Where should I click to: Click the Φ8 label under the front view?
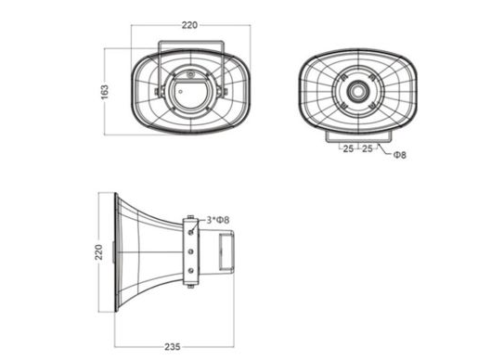pos(400,155)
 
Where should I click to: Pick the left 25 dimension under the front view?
pos(347,148)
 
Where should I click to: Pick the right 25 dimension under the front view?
pos(368,148)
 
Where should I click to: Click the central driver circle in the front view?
pos(358,93)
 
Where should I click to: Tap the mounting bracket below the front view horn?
pos(358,136)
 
